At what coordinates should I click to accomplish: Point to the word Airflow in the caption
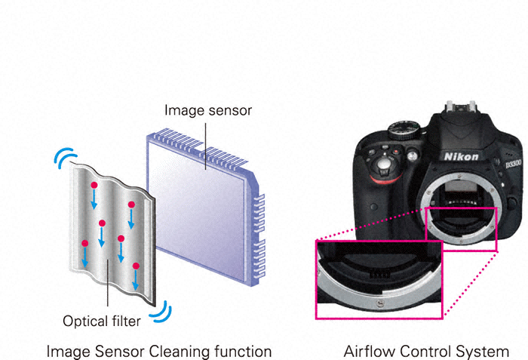tap(370, 351)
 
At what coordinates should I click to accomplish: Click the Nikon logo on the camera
tap(461, 156)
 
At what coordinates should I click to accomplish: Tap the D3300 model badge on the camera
tap(513, 165)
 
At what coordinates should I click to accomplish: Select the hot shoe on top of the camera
tap(461, 107)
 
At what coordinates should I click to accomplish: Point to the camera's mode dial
tap(404, 130)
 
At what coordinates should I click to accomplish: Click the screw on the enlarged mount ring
tap(379, 303)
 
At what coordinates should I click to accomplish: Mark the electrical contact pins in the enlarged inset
tap(380, 275)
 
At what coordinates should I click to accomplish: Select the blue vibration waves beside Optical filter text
tap(161, 311)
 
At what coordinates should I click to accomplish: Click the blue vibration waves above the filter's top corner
tap(66, 157)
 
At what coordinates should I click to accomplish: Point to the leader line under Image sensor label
tap(205, 146)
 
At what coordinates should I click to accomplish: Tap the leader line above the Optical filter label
tap(108, 282)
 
